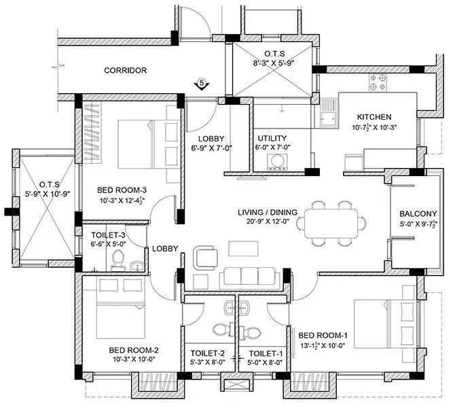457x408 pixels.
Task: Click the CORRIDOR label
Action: (x=126, y=70)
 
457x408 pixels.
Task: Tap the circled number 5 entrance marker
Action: (x=200, y=84)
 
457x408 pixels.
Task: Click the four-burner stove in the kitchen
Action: (x=378, y=83)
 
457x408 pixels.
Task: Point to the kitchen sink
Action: (x=328, y=113)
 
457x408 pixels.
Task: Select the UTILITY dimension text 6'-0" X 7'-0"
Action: (x=272, y=147)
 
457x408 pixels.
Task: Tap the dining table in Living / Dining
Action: (x=331, y=223)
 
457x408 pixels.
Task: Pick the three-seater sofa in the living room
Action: (x=248, y=276)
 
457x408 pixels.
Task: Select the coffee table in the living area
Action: (x=243, y=248)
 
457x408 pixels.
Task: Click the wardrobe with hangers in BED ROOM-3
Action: (x=90, y=132)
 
